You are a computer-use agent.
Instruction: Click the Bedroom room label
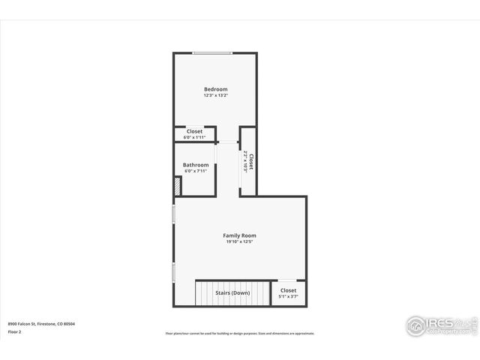point(215,89)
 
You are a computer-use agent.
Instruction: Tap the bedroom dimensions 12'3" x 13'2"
point(215,96)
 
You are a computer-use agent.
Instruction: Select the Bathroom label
point(196,165)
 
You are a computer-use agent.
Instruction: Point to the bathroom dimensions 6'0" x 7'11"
point(196,171)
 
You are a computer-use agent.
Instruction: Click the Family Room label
point(239,235)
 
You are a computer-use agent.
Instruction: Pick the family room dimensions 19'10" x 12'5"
point(239,242)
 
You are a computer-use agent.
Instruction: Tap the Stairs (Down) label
point(232,292)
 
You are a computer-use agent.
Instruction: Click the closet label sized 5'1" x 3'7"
point(288,290)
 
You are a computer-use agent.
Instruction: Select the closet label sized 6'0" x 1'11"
point(194,131)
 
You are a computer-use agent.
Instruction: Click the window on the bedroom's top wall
point(212,53)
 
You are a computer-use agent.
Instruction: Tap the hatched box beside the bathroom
point(178,187)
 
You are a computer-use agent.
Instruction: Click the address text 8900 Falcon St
point(41,324)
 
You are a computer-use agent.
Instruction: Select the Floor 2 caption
point(15,331)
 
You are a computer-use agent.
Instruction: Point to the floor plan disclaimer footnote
point(240,334)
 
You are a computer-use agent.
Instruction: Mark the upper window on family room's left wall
point(174,214)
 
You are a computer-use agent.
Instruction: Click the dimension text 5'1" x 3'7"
point(288,297)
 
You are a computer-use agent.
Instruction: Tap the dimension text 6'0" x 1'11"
point(194,137)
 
